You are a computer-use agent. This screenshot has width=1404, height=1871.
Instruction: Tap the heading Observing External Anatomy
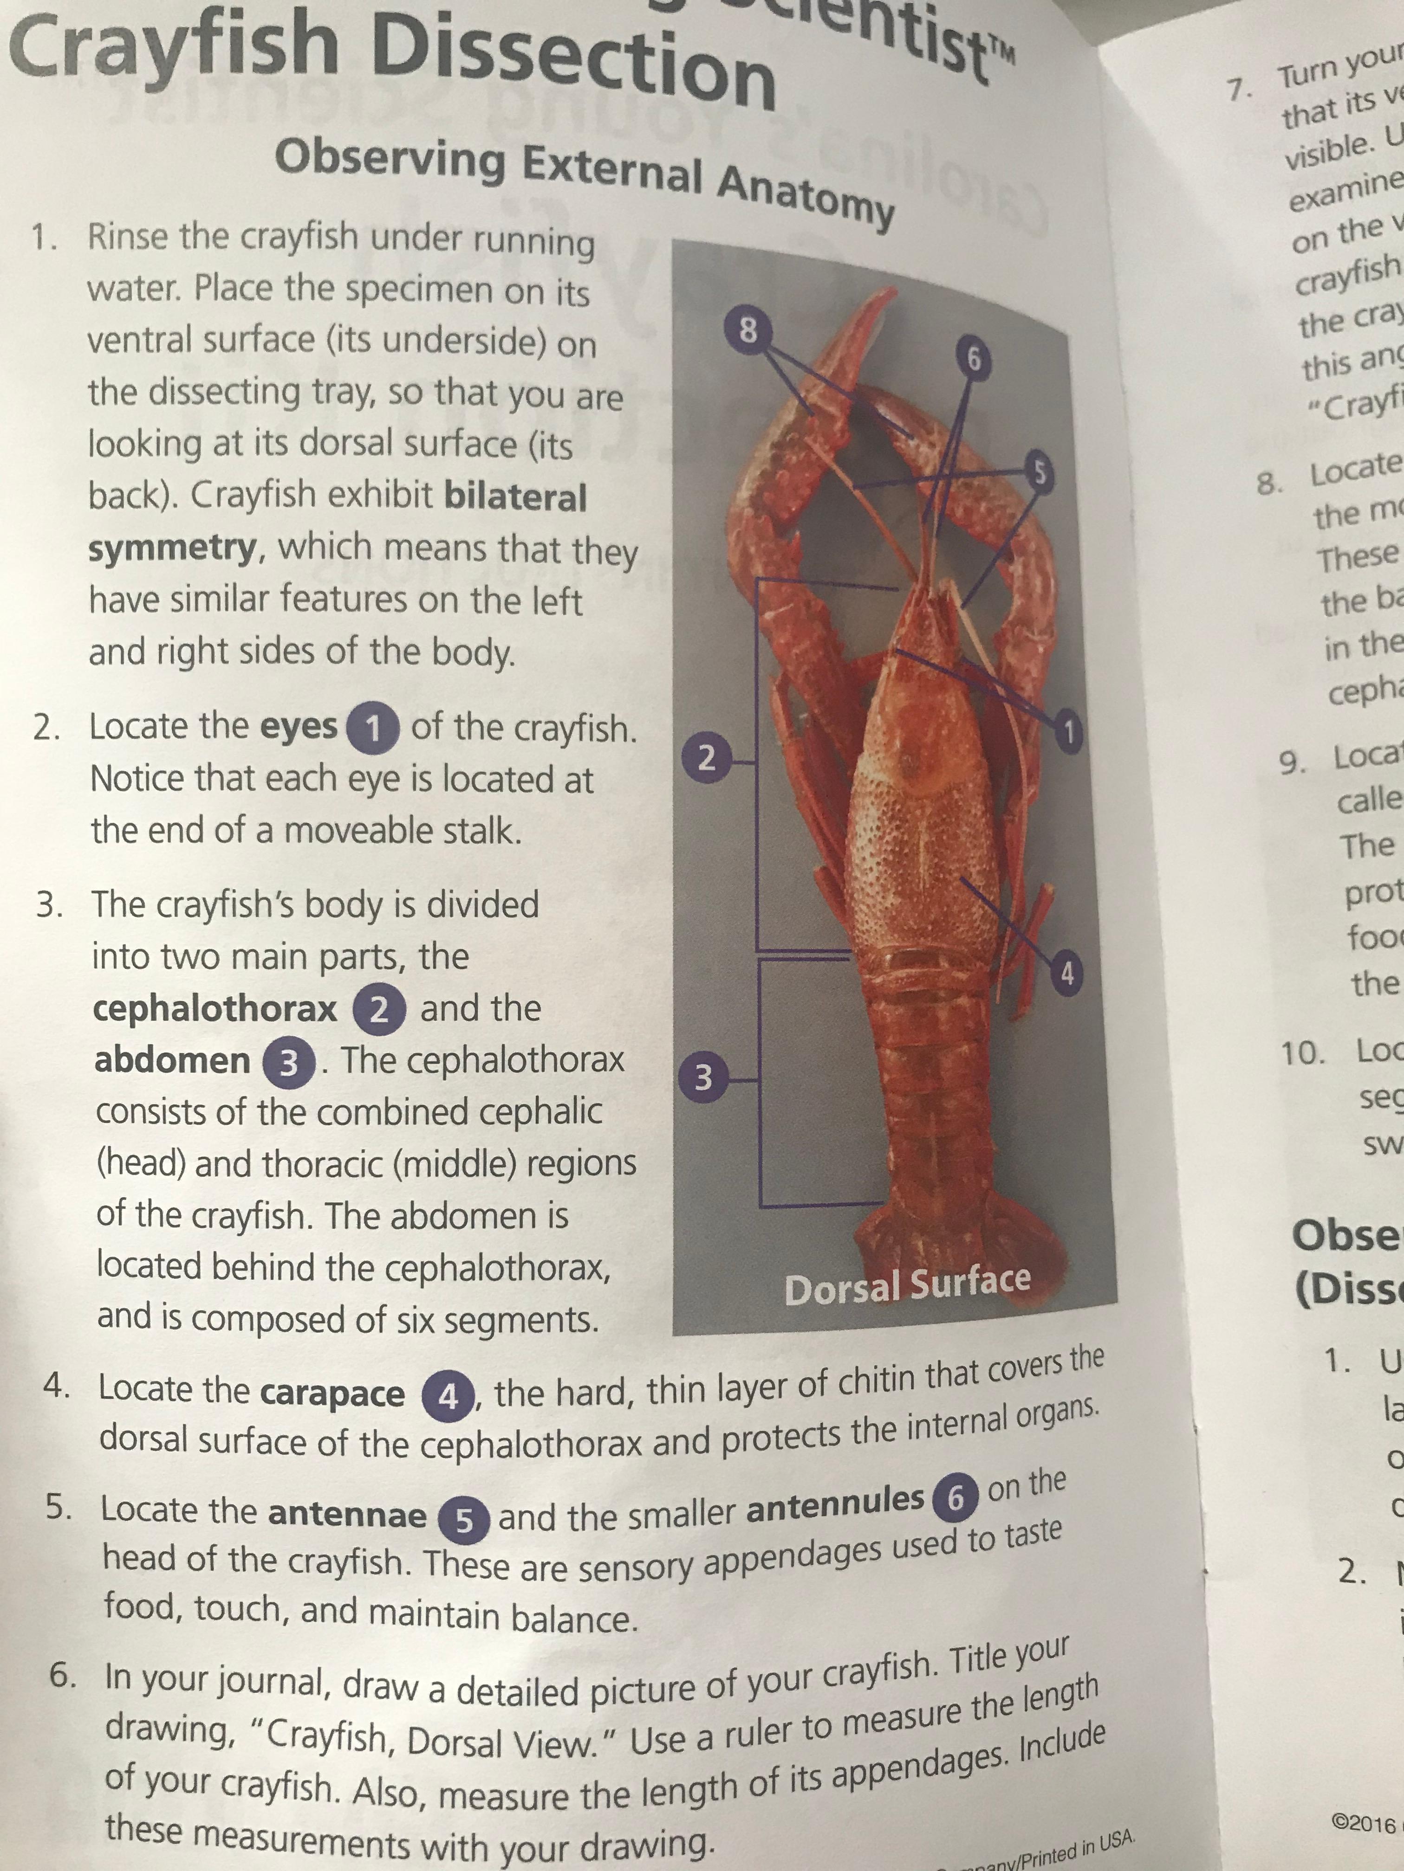584,178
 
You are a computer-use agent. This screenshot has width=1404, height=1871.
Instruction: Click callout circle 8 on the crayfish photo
748,329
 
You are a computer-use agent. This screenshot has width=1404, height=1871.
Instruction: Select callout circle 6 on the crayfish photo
973,360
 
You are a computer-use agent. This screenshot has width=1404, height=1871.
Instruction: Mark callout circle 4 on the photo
1067,974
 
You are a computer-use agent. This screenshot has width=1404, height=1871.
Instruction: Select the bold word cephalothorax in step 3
215,1008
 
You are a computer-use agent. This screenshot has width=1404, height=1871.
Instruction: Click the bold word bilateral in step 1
514,497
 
